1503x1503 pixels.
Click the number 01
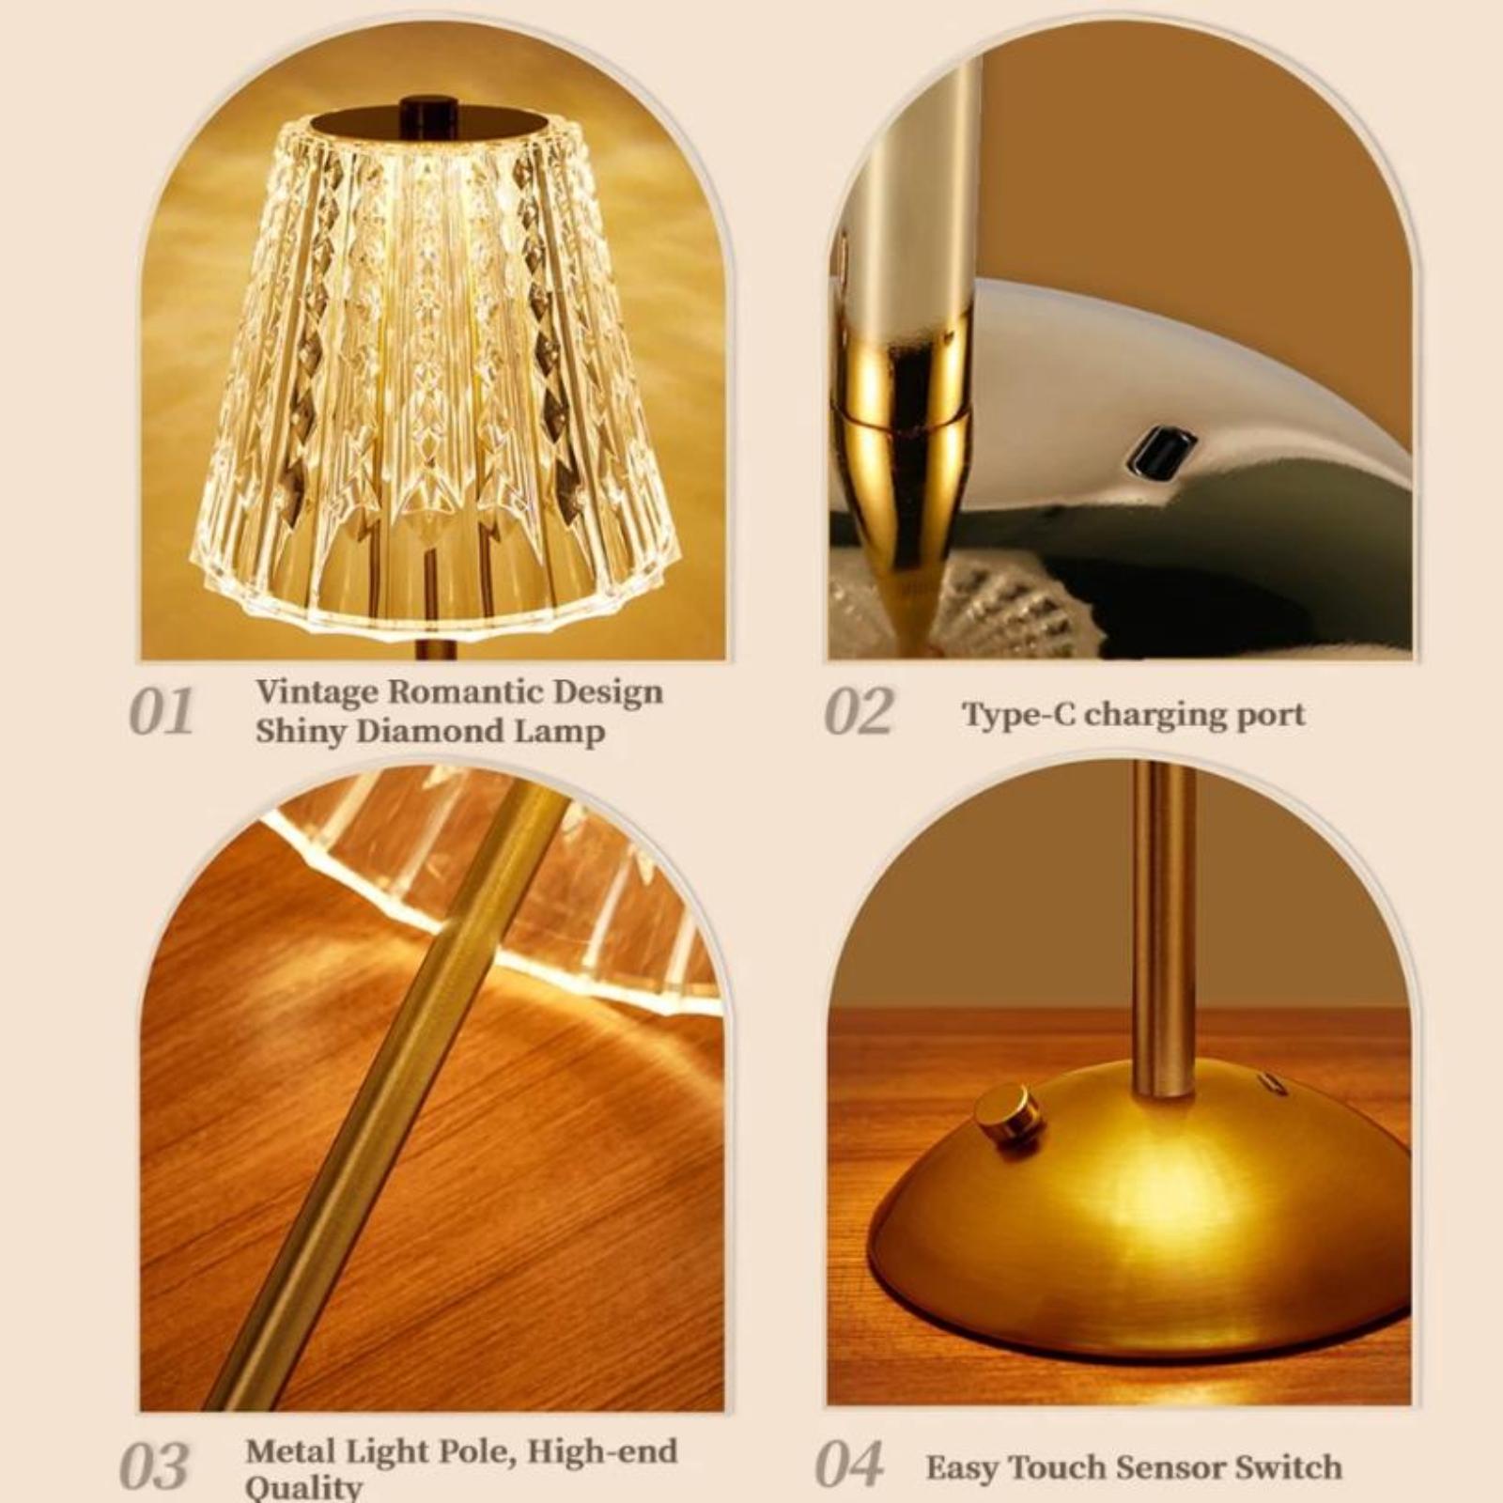pyautogui.click(x=161, y=712)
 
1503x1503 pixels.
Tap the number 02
pyautogui.click(x=859, y=712)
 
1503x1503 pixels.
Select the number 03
pyautogui.click(x=155, y=1465)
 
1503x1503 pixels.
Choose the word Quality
pyautogui.click(x=302, y=1488)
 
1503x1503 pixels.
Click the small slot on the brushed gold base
pyautogui.click(x=1274, y=1083)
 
